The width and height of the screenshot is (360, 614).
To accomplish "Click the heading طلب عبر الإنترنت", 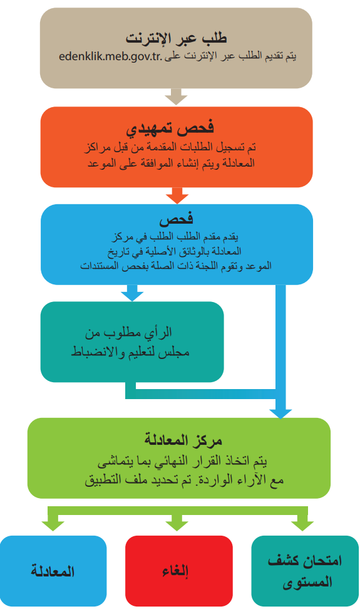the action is click(176, 38).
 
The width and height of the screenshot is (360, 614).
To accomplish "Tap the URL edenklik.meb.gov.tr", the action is click(111, 56).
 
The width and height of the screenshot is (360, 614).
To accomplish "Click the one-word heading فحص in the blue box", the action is click(176, 219).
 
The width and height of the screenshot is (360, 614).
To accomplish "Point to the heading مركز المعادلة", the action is click(183, 440).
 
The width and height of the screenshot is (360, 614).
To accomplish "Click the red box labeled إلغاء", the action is click(179, 571).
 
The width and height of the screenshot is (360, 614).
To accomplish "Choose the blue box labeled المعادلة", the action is click(53, 571).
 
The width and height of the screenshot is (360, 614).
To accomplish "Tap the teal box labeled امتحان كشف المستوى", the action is click(305, 571).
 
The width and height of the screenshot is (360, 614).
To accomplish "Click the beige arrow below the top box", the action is click(176, 96).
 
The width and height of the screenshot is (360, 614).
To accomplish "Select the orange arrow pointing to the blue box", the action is click(177, 195).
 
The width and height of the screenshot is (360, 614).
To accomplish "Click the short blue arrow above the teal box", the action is click(132, 293).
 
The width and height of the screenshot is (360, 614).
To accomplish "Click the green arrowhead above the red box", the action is click(177, 526).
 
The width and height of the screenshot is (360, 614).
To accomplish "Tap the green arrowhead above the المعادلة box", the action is click(53, 526).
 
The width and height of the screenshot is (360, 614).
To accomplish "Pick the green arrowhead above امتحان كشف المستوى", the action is click(302, 526).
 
